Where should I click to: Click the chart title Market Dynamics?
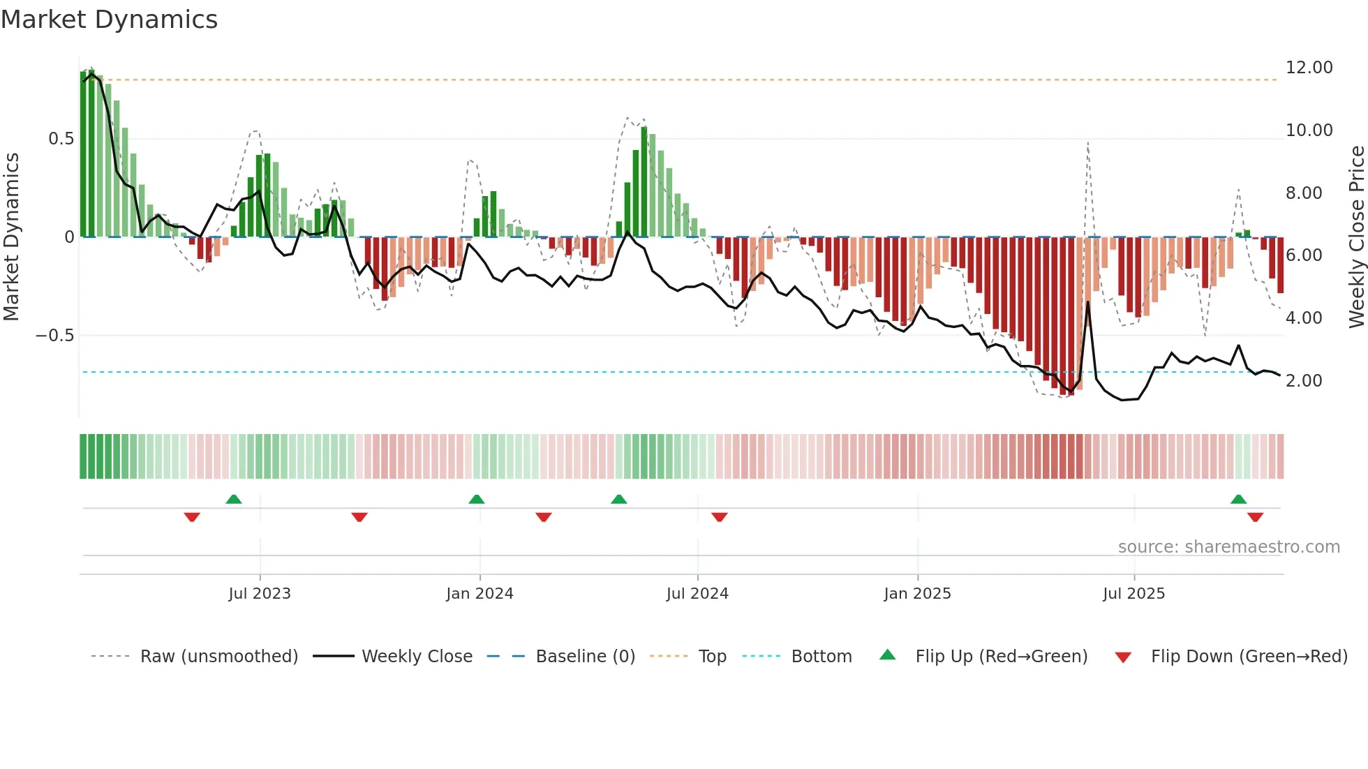[109, 20]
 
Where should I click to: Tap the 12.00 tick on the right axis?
[1309, 68]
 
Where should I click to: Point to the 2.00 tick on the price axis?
[1304, 381]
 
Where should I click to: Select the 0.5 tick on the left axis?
[61, 139]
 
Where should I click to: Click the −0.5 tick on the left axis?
[54, 336]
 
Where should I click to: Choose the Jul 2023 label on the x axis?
[260, 594]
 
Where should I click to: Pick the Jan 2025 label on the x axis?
[917, 594]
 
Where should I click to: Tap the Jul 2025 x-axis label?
[1133, 594]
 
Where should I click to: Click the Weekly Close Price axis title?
[1356, 237]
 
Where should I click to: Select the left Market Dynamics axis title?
[11, 237]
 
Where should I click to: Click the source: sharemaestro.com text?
[1228, 547]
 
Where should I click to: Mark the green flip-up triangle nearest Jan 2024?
[477, 500]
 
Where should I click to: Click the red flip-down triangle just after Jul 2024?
[720, 517]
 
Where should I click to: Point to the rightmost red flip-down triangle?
[1255, 517]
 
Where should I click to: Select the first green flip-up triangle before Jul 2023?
[234, 500]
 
